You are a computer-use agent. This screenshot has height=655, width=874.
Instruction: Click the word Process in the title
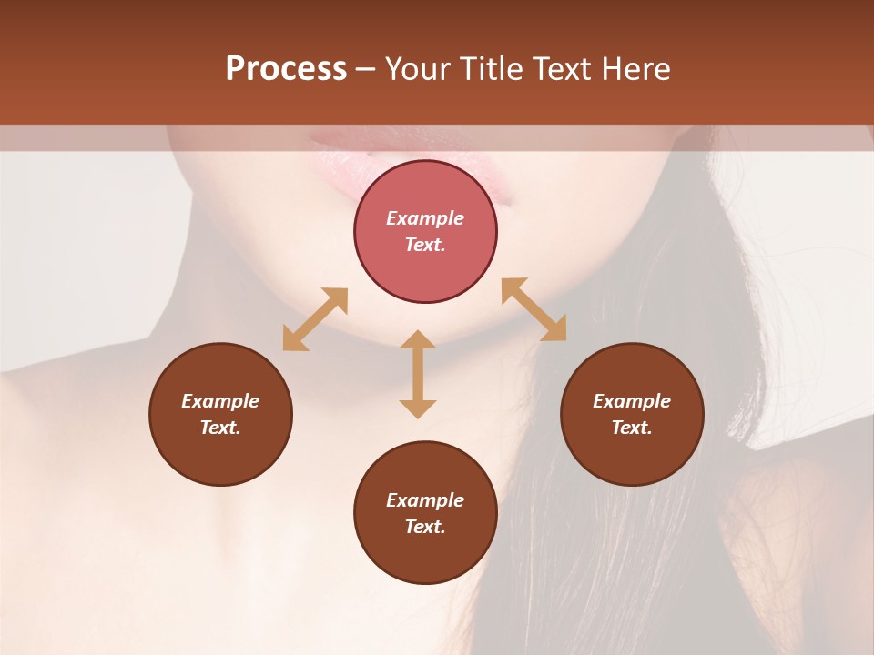coord(286,69)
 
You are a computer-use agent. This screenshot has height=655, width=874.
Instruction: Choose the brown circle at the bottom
coord(425,555)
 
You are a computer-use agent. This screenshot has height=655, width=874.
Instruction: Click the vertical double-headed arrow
coord(418,374)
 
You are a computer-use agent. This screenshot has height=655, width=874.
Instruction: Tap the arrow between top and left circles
coord(315,319)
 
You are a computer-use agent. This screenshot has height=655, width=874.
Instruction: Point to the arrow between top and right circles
coord(534,309)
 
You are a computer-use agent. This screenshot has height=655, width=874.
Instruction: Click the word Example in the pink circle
coord(425,218)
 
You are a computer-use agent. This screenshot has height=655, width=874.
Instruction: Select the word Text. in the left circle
coord(220,428)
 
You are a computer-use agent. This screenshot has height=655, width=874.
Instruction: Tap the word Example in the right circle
coord(632,401)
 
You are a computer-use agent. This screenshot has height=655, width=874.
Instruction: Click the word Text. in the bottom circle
coord(425,527)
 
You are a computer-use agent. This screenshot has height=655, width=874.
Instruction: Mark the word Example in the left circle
coord(220,401)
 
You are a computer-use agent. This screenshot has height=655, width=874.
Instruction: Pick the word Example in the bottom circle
coord(425,500)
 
